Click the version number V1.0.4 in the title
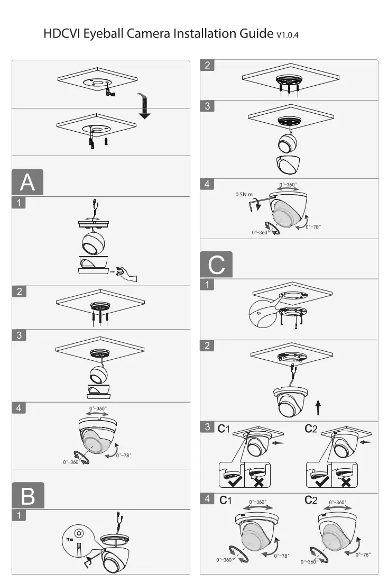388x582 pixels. coord(288,35)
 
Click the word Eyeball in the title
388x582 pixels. coord(103,34)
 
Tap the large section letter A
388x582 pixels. coord(27,182)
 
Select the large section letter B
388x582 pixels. coord(28,496)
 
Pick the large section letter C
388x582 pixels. coord(216,265)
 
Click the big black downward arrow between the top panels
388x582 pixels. coord(144,106)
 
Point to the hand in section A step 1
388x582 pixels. coord(126,274)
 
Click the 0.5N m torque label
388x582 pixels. coord(244,195)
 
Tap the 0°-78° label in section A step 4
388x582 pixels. coord(124,456)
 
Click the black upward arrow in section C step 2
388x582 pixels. coord(318,408)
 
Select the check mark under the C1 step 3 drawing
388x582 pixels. coord(234,481)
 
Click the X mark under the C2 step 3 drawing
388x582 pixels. coord(346,482)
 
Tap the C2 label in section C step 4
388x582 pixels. coord(311,501)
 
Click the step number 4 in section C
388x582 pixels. coord(207,498)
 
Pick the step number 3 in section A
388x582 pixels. coord(19,335)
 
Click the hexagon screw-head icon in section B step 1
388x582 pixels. coord(78,533)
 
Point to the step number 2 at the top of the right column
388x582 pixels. coord(207,65)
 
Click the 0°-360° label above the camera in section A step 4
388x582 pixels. coord(98,408)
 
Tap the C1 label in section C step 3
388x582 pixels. coord(224,429)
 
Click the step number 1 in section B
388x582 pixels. coord(19,515)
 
